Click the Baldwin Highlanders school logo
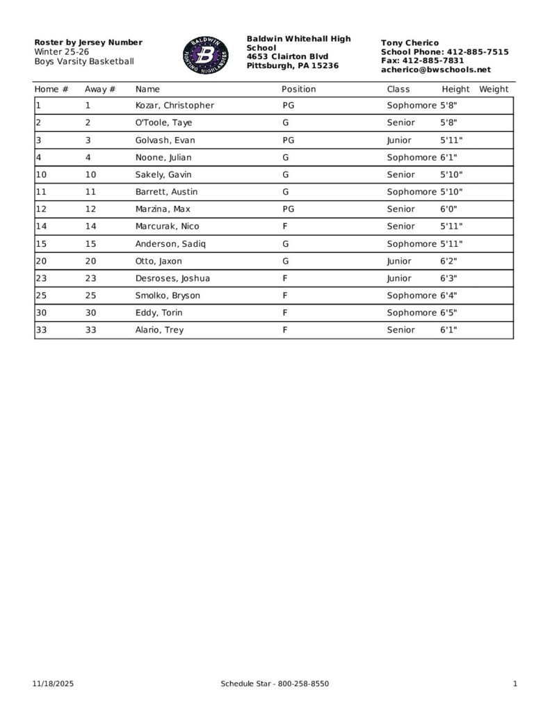(x=206, y=56)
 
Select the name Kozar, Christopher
(x=175, y=106)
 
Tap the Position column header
(x=298, y=89)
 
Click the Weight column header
(x=494, y=89)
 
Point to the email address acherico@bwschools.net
(x=435, y=70)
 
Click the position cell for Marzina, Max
(x=289, y=209)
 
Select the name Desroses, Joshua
(x=172, y=279)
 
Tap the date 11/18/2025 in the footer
(x=53, y=684)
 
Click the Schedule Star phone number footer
(x=275, y=684)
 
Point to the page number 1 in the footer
(x=515, y=684)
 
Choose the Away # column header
(x=99, y=89)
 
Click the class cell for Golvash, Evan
(x=399, y=140)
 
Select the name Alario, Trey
(x=159, y=330)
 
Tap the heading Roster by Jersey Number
(x=88, y=42)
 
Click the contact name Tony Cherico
(x=410, y=43)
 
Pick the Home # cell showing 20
(x=41, y=261)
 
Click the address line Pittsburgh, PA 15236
(x=293, y=65)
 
